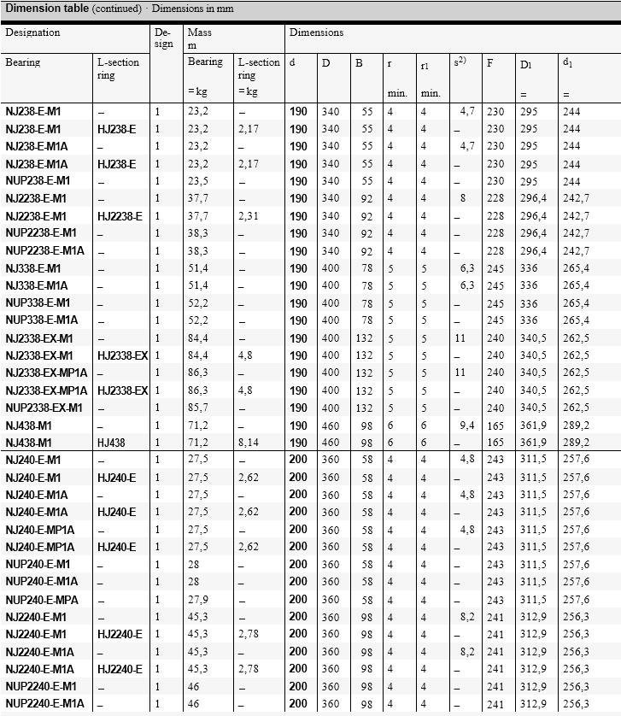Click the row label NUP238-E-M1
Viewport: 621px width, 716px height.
click(x=38, y=181)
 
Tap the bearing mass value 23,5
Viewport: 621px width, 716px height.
click(x=197, y=181)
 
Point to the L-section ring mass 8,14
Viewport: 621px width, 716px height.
click(x=248, y=443)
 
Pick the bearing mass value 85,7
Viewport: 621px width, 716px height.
click(x=197, y=408)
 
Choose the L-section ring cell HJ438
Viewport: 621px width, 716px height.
click(x=111, y=443)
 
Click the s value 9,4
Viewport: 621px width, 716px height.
click(x=466, y=425)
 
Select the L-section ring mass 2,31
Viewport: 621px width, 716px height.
click(x=248, y=216)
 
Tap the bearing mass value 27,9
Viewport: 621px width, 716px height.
click(x=197, y=599)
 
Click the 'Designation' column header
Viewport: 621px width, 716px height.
click(x=32, y=33)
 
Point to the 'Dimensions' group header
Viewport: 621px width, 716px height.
click(x=316, y=33)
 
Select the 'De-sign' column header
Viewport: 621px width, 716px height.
click(x=162, y=38)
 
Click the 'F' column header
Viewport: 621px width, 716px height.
click(x=489, y=63)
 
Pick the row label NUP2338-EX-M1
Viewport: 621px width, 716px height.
click(x=44, y=408)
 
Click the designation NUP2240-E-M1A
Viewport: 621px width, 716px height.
click(x=44, y=704)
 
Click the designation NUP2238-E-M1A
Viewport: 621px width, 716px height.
click(x=44, y=250)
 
